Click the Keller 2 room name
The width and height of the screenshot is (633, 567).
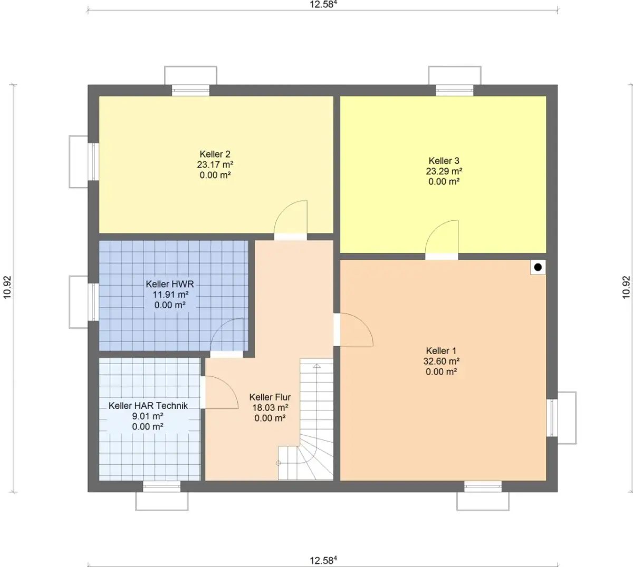click(215, 154)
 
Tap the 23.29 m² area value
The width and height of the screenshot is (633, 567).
click(444, 171)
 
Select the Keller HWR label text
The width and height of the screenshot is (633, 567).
click(170, 284)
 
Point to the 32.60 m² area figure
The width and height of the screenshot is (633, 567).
click(441, 361)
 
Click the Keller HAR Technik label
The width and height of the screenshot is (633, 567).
click(148, 406)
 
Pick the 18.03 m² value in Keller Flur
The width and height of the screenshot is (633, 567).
click(270, 407)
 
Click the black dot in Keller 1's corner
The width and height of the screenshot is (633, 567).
click(538, 267)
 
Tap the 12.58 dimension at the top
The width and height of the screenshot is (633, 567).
click(323, 4)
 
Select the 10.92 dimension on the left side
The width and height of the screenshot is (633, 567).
click(7, 288)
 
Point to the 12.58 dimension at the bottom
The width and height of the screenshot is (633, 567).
click(323, 561)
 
